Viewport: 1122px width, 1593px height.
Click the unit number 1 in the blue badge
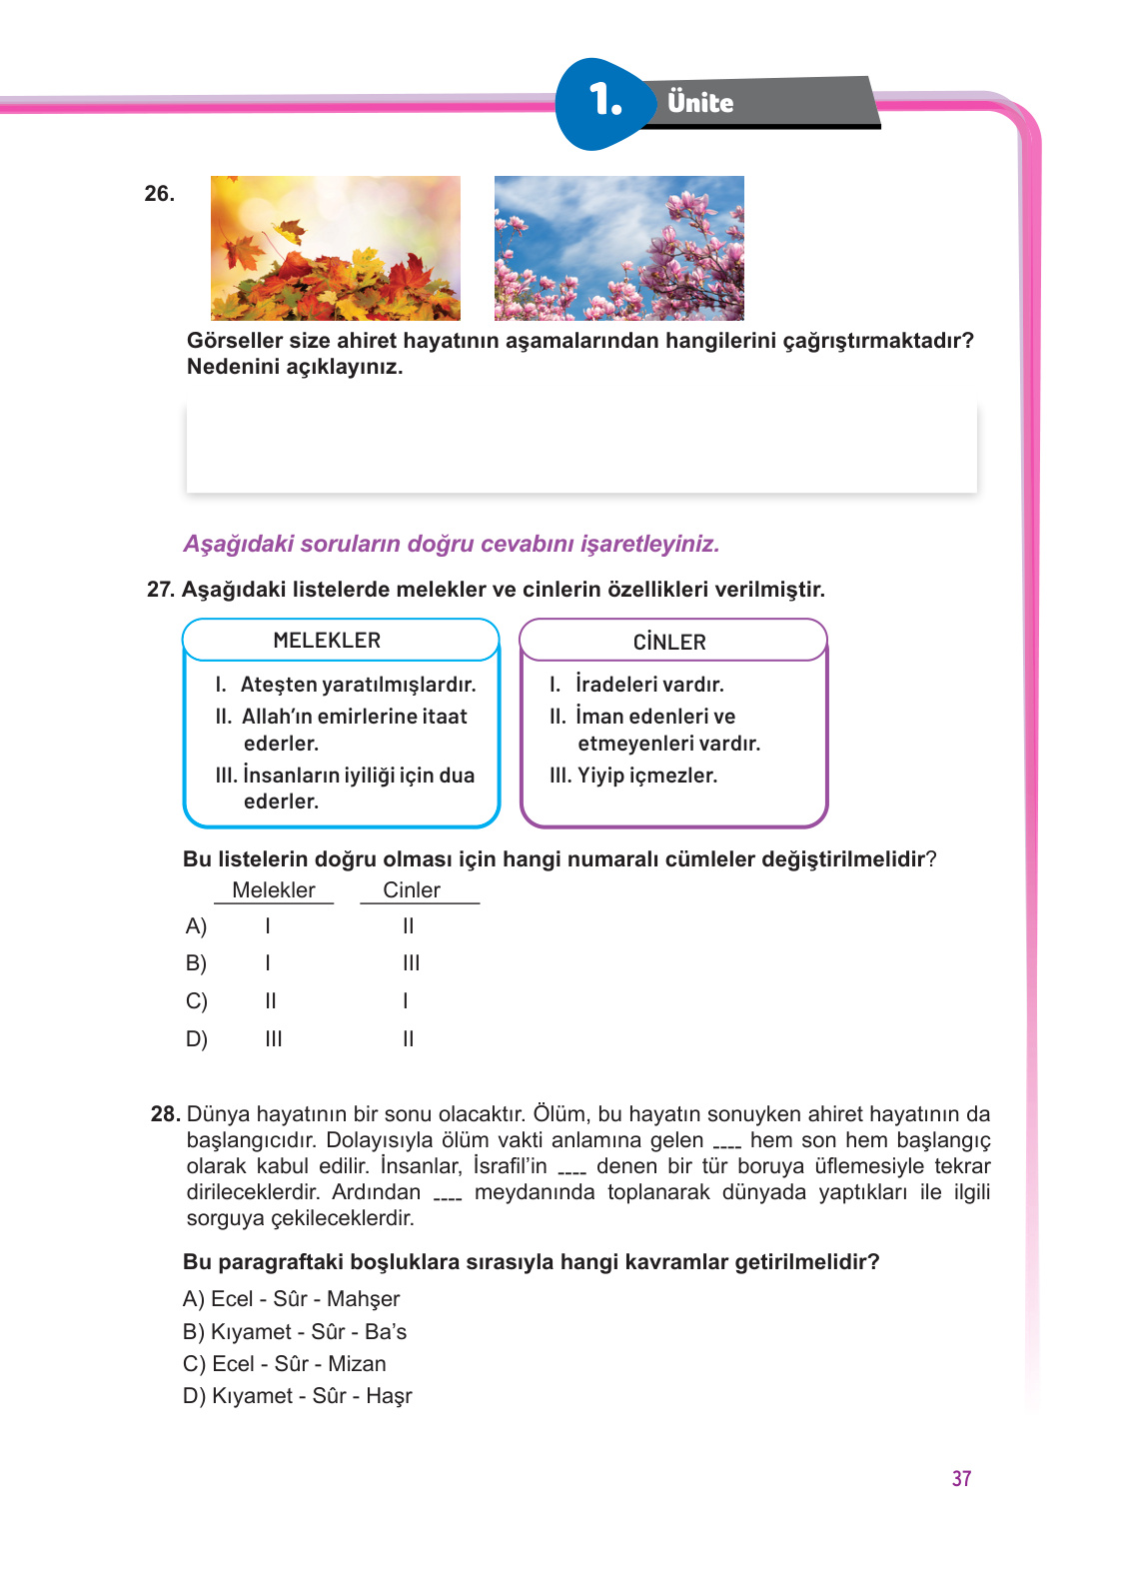[604, 101]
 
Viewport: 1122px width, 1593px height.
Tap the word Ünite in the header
[700, 103]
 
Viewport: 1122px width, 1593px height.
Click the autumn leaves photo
[336, 248]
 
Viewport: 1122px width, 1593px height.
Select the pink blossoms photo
[618, 248]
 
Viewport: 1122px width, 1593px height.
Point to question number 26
[159, 194]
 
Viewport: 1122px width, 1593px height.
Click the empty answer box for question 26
[581, 447]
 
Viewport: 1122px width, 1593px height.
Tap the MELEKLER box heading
[327, 641]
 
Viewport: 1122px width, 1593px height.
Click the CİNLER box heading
[669, 643]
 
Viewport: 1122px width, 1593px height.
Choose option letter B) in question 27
[196, 963]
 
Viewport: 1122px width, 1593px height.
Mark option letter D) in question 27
[196, 1039]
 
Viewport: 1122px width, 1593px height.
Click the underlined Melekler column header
[273, 890]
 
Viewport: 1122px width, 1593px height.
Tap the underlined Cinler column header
[412, 890]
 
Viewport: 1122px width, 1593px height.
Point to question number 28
[165, 1114]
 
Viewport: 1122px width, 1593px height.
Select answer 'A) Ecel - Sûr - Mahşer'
[291, 1299]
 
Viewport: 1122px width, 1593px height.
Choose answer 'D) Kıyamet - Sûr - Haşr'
[297, 1396]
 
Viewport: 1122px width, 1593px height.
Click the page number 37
[961, 1479]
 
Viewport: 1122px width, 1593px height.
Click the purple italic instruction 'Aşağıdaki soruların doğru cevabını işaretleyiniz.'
[451, 544]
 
